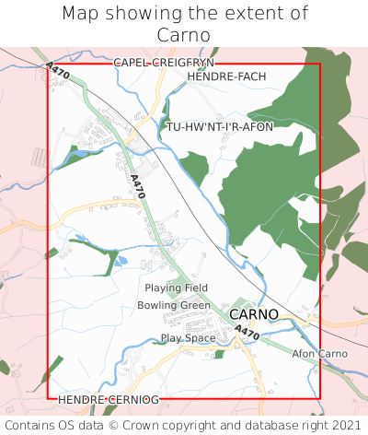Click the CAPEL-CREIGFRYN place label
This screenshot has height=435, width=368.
pos(164,62)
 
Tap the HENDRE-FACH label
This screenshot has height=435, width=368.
pos(226,76)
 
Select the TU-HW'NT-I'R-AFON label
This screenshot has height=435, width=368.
pos(220,126)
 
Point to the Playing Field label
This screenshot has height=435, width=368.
pos(177,288)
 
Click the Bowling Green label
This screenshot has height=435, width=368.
pos(174,305)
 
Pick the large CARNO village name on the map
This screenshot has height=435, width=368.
pos(253,314)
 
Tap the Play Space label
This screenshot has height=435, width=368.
pos(188,338)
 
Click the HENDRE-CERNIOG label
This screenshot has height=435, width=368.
pos(109,400)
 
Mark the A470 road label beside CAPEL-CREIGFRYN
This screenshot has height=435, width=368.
pos(57,71)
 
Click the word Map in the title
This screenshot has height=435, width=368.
pos(82,14)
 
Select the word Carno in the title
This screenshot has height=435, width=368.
pos(184,34)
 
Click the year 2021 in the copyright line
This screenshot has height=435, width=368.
pos(345,425)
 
